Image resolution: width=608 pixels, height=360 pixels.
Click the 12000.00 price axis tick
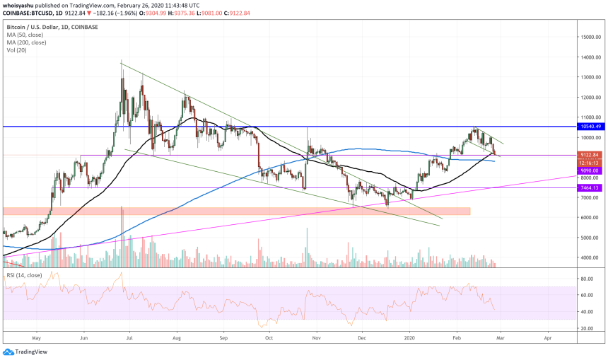(x=590, y=97)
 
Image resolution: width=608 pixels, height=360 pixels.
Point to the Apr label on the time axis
(x=547, y=339)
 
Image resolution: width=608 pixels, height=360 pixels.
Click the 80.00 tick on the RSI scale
(x=586, y=279)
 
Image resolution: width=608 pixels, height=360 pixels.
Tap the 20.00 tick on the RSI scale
(x=586, y=328)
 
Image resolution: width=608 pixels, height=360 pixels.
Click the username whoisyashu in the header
(x=21, y=5)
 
